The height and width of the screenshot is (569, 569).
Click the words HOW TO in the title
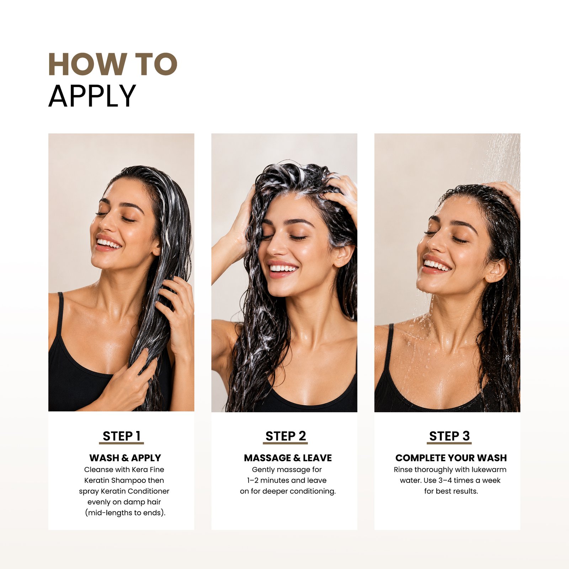(x=113, y=64)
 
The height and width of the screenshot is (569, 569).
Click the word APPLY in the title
(x=92, y=96)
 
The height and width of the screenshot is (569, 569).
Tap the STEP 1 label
(x=122, y=436)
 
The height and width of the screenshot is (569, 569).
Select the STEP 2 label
(x=286, y=436)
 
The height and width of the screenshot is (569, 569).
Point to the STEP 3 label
(x=450, y=436)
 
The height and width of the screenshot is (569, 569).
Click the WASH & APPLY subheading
(x=125, y=458)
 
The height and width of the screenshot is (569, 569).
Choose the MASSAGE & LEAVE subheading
(x=288, y=458)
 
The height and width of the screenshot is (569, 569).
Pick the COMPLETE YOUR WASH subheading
(x=451, y=458)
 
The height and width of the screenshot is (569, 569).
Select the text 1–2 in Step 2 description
(x=252, y=480)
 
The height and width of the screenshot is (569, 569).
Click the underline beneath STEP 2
(x=285, y=443)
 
